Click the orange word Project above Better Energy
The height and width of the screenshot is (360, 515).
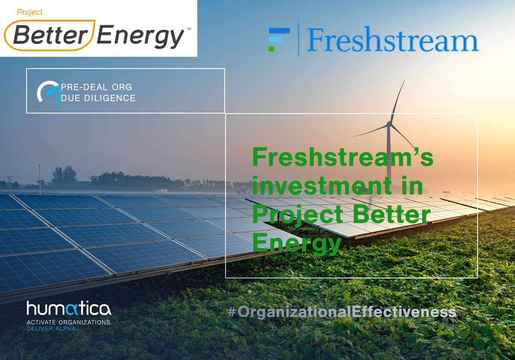click(x=29, y=12)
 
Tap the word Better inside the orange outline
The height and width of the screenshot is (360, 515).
click(x=51, y=34)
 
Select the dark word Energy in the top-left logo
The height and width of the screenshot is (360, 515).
click(x=141, y=37)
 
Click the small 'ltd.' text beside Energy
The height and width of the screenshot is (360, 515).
click(x=189, y=29)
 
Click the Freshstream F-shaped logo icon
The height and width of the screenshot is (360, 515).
click(x=279, y=40)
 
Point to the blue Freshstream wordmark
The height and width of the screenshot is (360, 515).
click(x=393, y=39)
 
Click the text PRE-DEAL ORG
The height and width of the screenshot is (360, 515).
click(x=96, y=87)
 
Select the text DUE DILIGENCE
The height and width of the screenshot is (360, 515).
click(x=98, y=98)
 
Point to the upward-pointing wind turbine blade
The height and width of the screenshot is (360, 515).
click(x=397, y=101)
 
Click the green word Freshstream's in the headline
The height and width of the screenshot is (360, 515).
click(x=343, y=157)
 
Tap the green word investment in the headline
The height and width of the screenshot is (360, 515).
click(x=322, y=185)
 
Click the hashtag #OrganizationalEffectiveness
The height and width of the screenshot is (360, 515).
click(x=342, y=312)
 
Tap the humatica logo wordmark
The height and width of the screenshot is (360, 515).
click(x=69, y=308)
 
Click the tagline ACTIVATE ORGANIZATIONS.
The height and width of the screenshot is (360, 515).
click(x=69, y=322)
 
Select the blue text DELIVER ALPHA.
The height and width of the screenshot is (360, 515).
click(x=52, y=328)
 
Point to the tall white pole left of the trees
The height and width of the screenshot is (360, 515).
click(x=40, y=179)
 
